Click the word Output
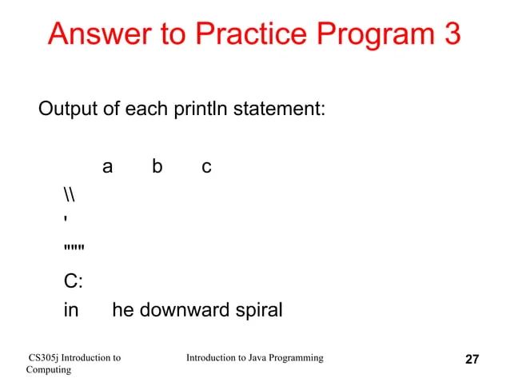tap(68, 108)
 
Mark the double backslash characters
tap(69, 195)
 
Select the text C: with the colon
tap(73, 281)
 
